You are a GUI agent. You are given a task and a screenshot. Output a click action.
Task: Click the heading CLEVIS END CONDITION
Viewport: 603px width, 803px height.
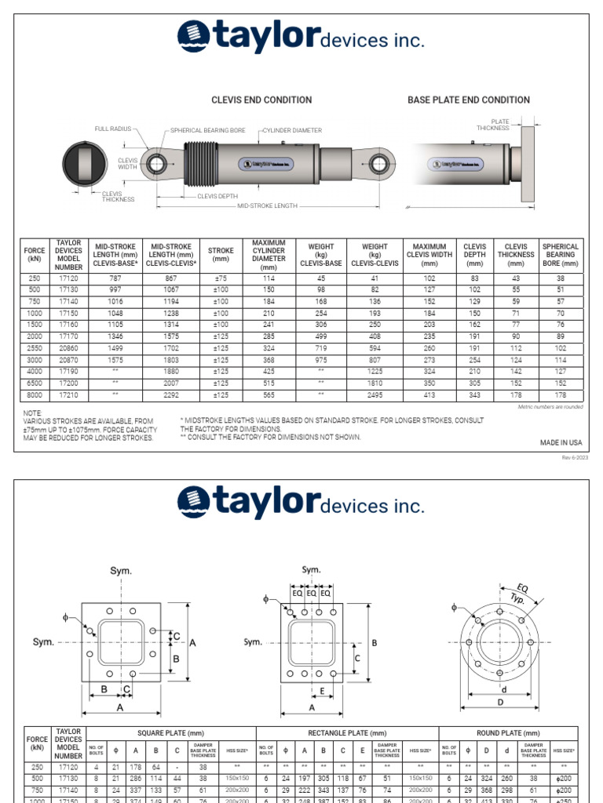click(x=261, y=100)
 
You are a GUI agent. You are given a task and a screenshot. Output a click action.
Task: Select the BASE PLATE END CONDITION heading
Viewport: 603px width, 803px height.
click(x=468, y=100)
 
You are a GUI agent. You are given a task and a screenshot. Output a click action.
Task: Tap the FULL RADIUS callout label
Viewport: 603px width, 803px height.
click(x=114, y=128)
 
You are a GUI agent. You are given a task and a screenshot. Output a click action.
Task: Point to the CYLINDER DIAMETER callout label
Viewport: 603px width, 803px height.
click(x=292, y=131)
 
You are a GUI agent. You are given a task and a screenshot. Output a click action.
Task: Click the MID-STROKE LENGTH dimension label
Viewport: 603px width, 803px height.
click(x=267, y=205)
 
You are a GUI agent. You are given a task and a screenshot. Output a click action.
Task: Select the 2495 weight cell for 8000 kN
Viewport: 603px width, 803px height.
click(x=375, y=396)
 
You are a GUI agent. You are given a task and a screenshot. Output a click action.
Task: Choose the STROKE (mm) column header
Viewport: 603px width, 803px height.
click(x=221, y=255)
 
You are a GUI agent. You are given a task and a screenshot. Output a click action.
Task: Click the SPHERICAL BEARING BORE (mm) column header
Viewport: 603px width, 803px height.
click(x=561, y=255)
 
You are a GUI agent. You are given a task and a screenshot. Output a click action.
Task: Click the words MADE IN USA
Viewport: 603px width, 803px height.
click(x=561, y=443)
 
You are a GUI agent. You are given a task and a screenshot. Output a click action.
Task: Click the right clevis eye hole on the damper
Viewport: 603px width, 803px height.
click(x=380, y=164)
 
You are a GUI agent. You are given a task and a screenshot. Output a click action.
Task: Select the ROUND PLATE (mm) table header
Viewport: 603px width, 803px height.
click(x=509, y=732)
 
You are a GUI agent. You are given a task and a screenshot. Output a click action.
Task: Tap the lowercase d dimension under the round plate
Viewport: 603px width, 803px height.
click(x=503, y=689)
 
